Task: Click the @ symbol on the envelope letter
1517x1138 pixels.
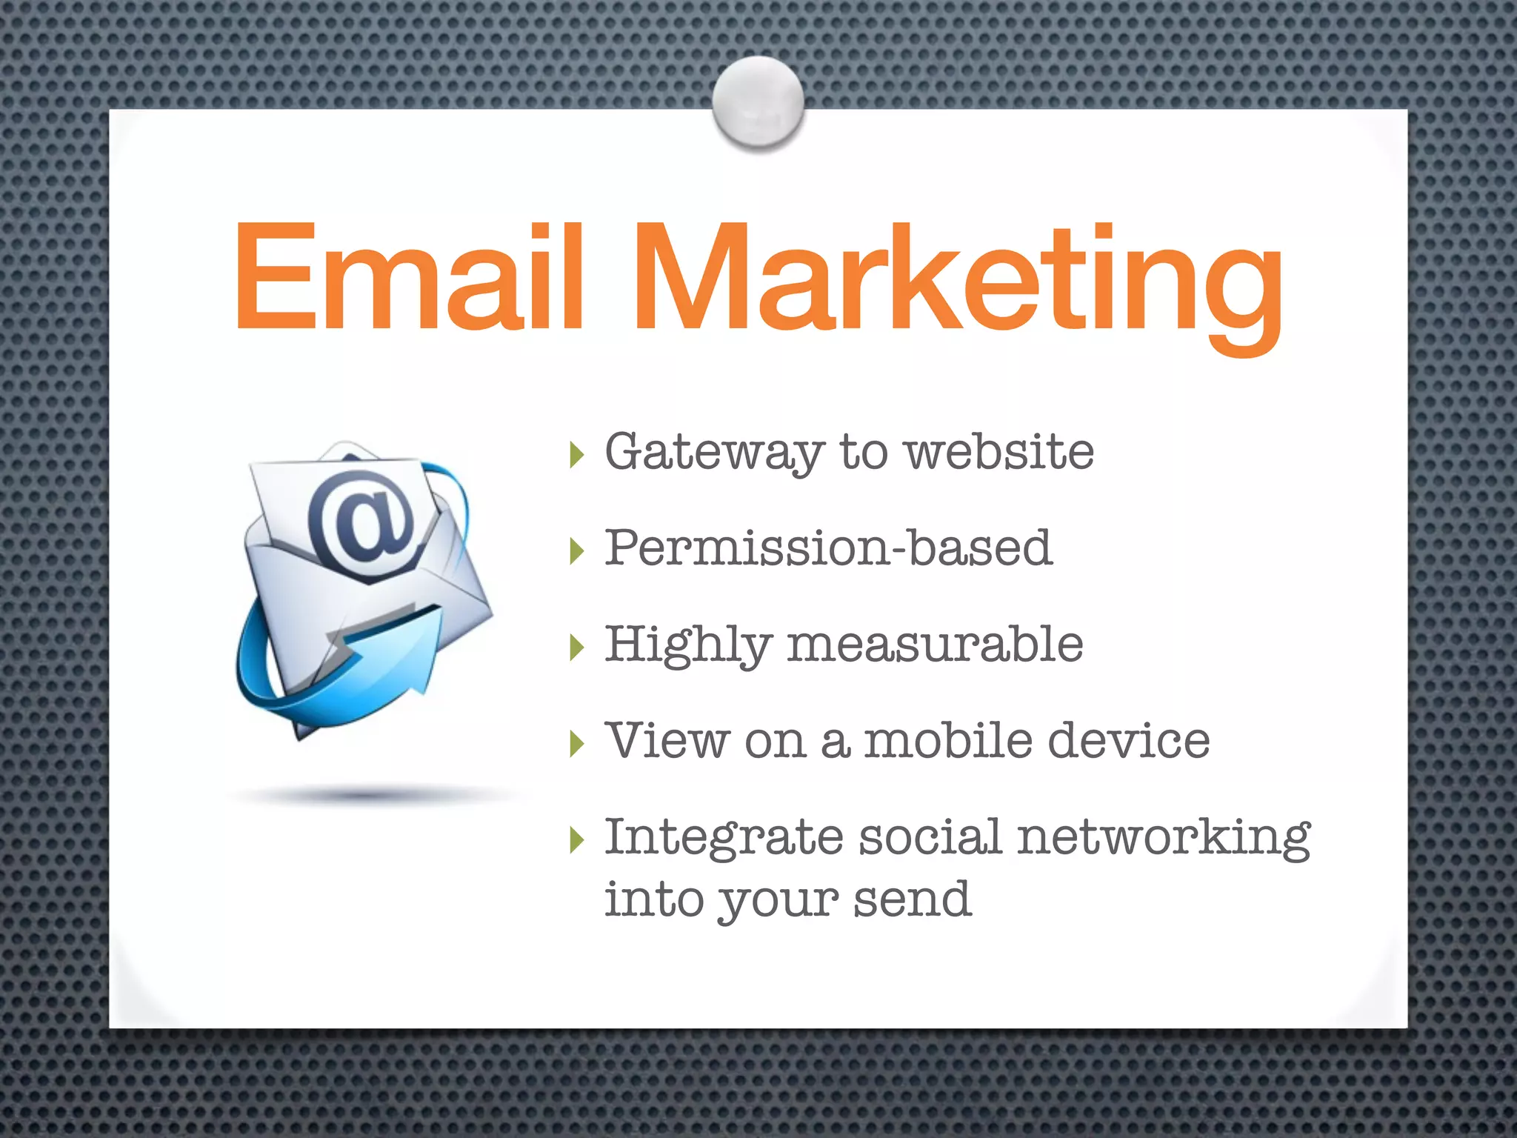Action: click(363, 522)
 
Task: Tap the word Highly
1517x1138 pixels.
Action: click(688, 645)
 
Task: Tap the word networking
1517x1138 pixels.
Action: click(1164, 838)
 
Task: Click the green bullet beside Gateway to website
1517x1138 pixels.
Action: click(577, 454)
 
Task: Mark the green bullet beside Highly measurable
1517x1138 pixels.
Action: click(577, 647)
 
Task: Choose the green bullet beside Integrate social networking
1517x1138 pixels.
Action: click(577, 840)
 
